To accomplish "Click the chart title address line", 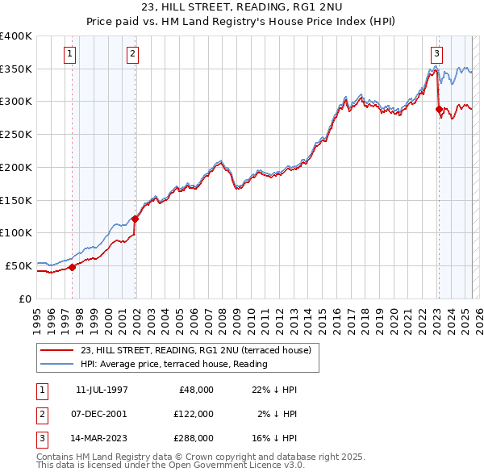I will [241, 7].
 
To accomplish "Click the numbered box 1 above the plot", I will [70, 55].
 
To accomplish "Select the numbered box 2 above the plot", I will [132, 55].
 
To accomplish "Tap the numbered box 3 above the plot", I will [436, 55].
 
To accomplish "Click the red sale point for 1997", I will [72, 267].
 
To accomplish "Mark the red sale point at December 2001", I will [135, 219].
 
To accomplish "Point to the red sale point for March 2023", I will [439, 109].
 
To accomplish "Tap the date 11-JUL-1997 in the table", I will [102, 390].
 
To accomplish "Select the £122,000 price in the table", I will [194, 413].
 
